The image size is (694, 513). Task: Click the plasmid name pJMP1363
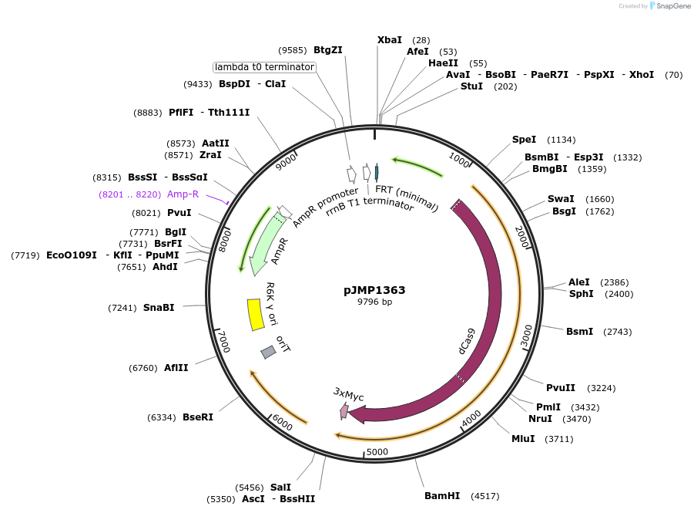pos(374,291)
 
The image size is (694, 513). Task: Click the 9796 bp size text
pos(374,302)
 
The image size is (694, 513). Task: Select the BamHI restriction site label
pos(441,495)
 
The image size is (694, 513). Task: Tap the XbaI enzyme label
pos(390,39)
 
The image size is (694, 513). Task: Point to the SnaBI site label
pos(159,307)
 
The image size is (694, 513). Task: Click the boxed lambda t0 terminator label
pos(265,67)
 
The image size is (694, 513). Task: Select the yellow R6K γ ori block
pos(254,315)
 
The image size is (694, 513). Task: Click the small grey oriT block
pos(268,352)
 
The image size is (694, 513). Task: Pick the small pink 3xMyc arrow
pos(344,411)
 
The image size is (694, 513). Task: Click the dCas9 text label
pos(466,340)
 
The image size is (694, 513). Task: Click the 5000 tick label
pos(377,452)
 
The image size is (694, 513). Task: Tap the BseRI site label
pos(197,417)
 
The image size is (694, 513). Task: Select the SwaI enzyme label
pos(561,199)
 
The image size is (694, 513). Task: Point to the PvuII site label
pos(559,387)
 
